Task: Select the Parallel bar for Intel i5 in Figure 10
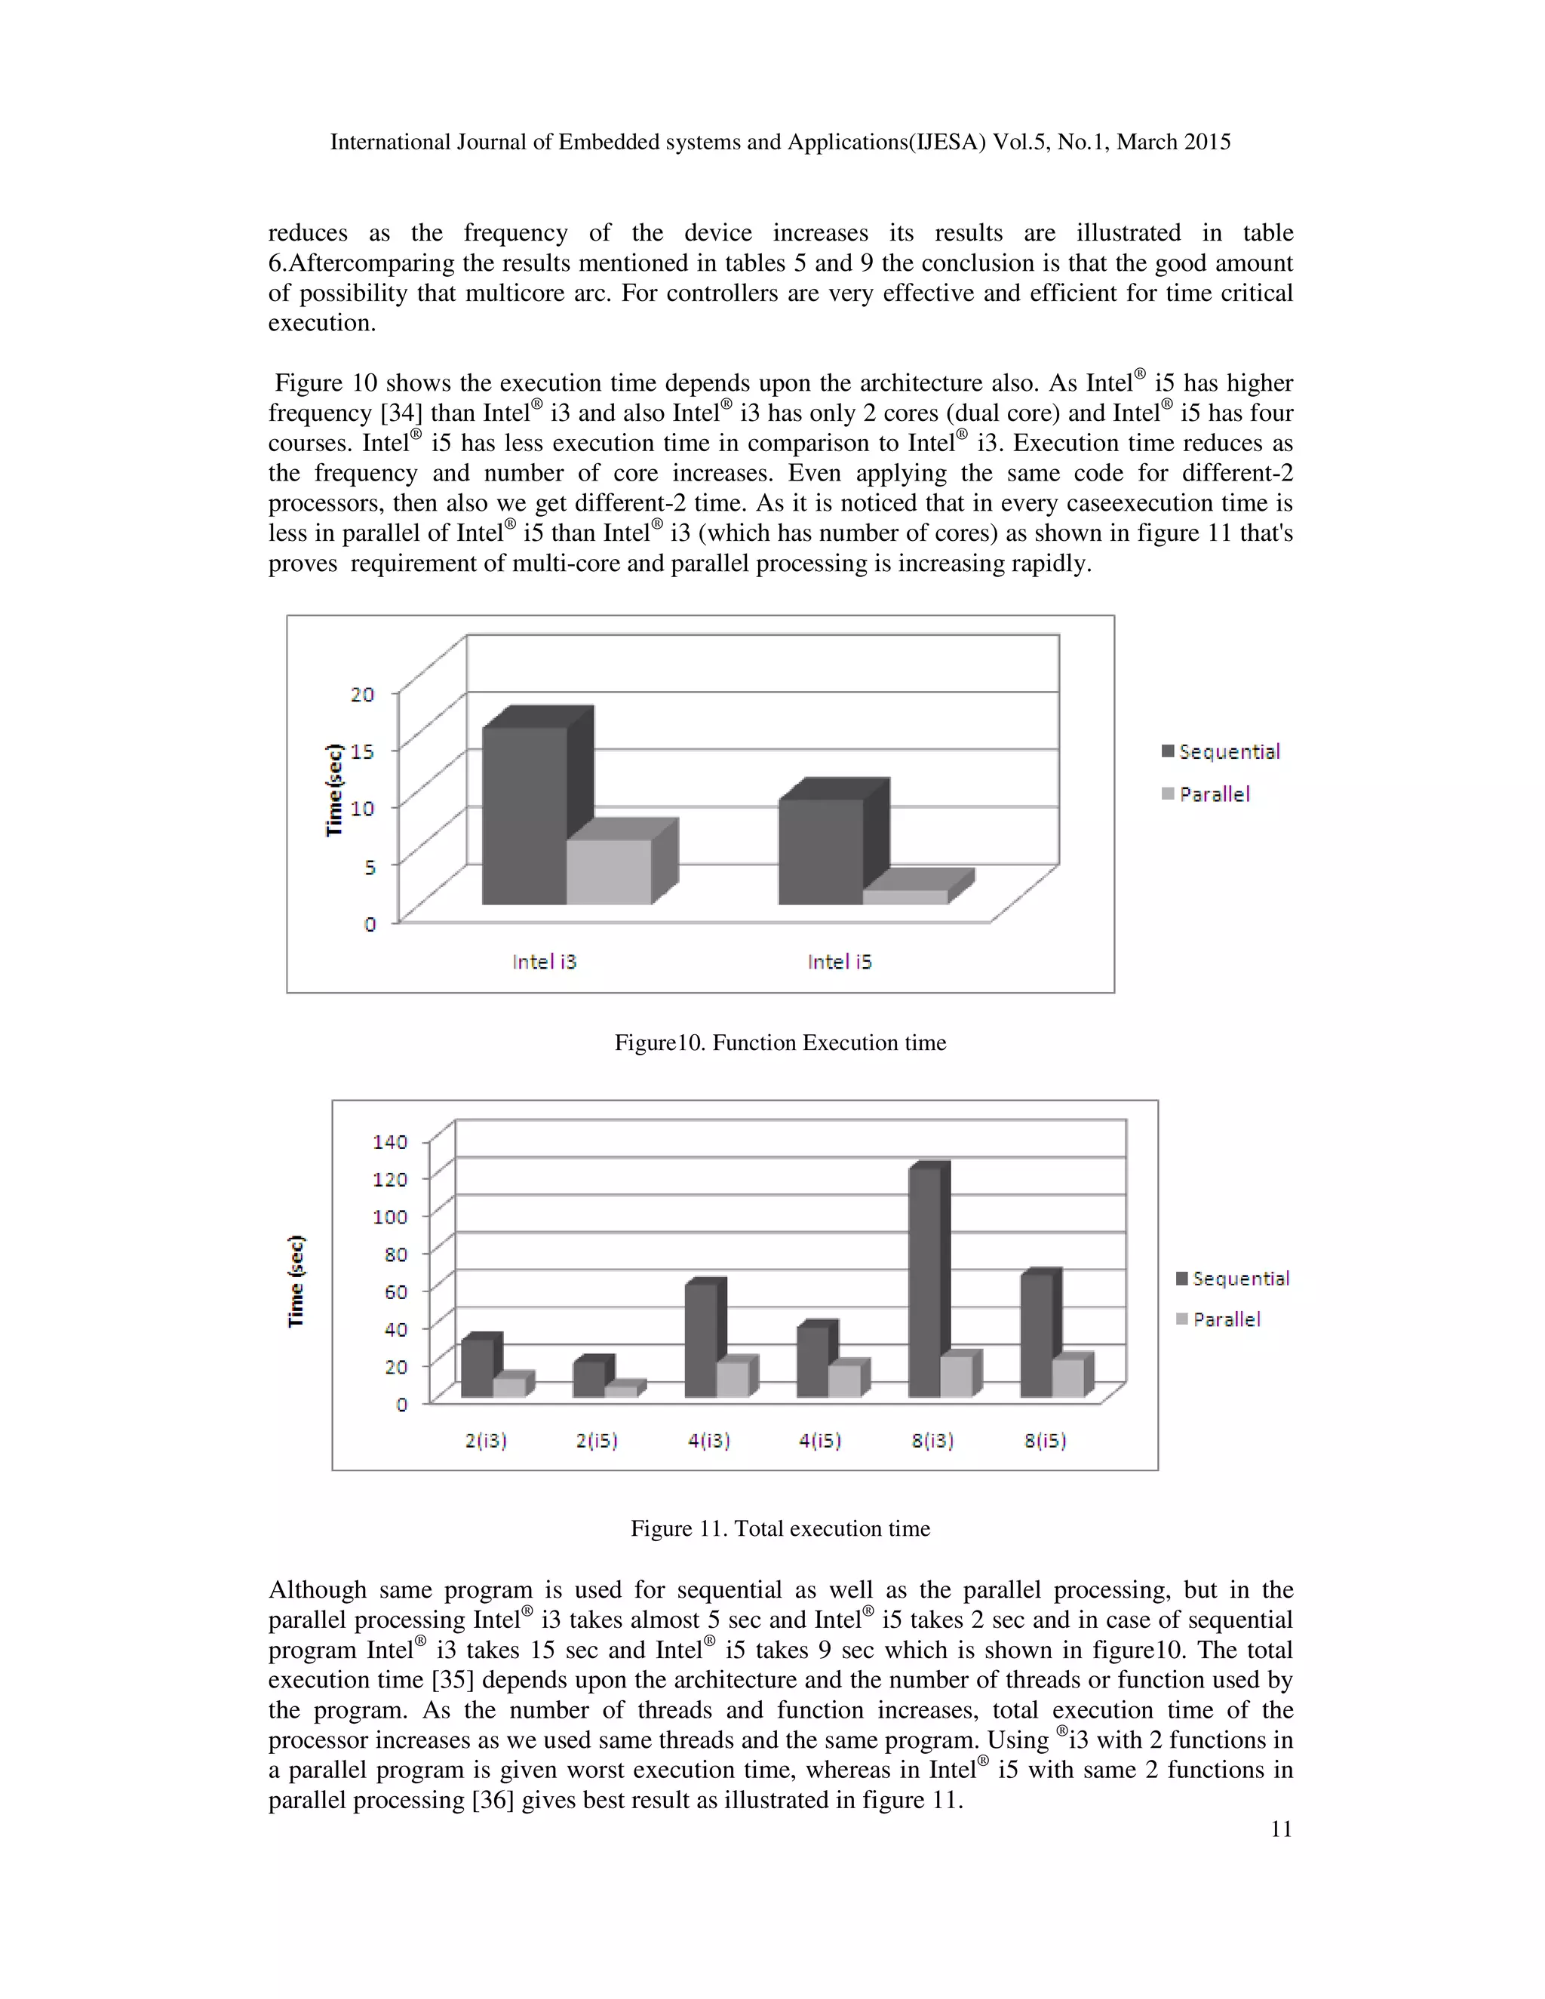click(x=905, y=896)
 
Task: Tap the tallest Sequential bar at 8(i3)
click(x=924, y=1282)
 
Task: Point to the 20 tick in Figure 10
click(x=362, y=695)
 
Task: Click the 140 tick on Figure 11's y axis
click(x=390, y=1141)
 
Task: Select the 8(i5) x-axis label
click(x=1044, y=1441)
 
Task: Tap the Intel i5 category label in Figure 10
click(x=840, y=962)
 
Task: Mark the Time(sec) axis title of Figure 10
click(x=335, y=789)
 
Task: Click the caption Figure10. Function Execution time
click(x=780, y=1042)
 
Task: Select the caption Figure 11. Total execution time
click(x=780, y=1528)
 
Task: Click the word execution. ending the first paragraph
click(x=321, y=323)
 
